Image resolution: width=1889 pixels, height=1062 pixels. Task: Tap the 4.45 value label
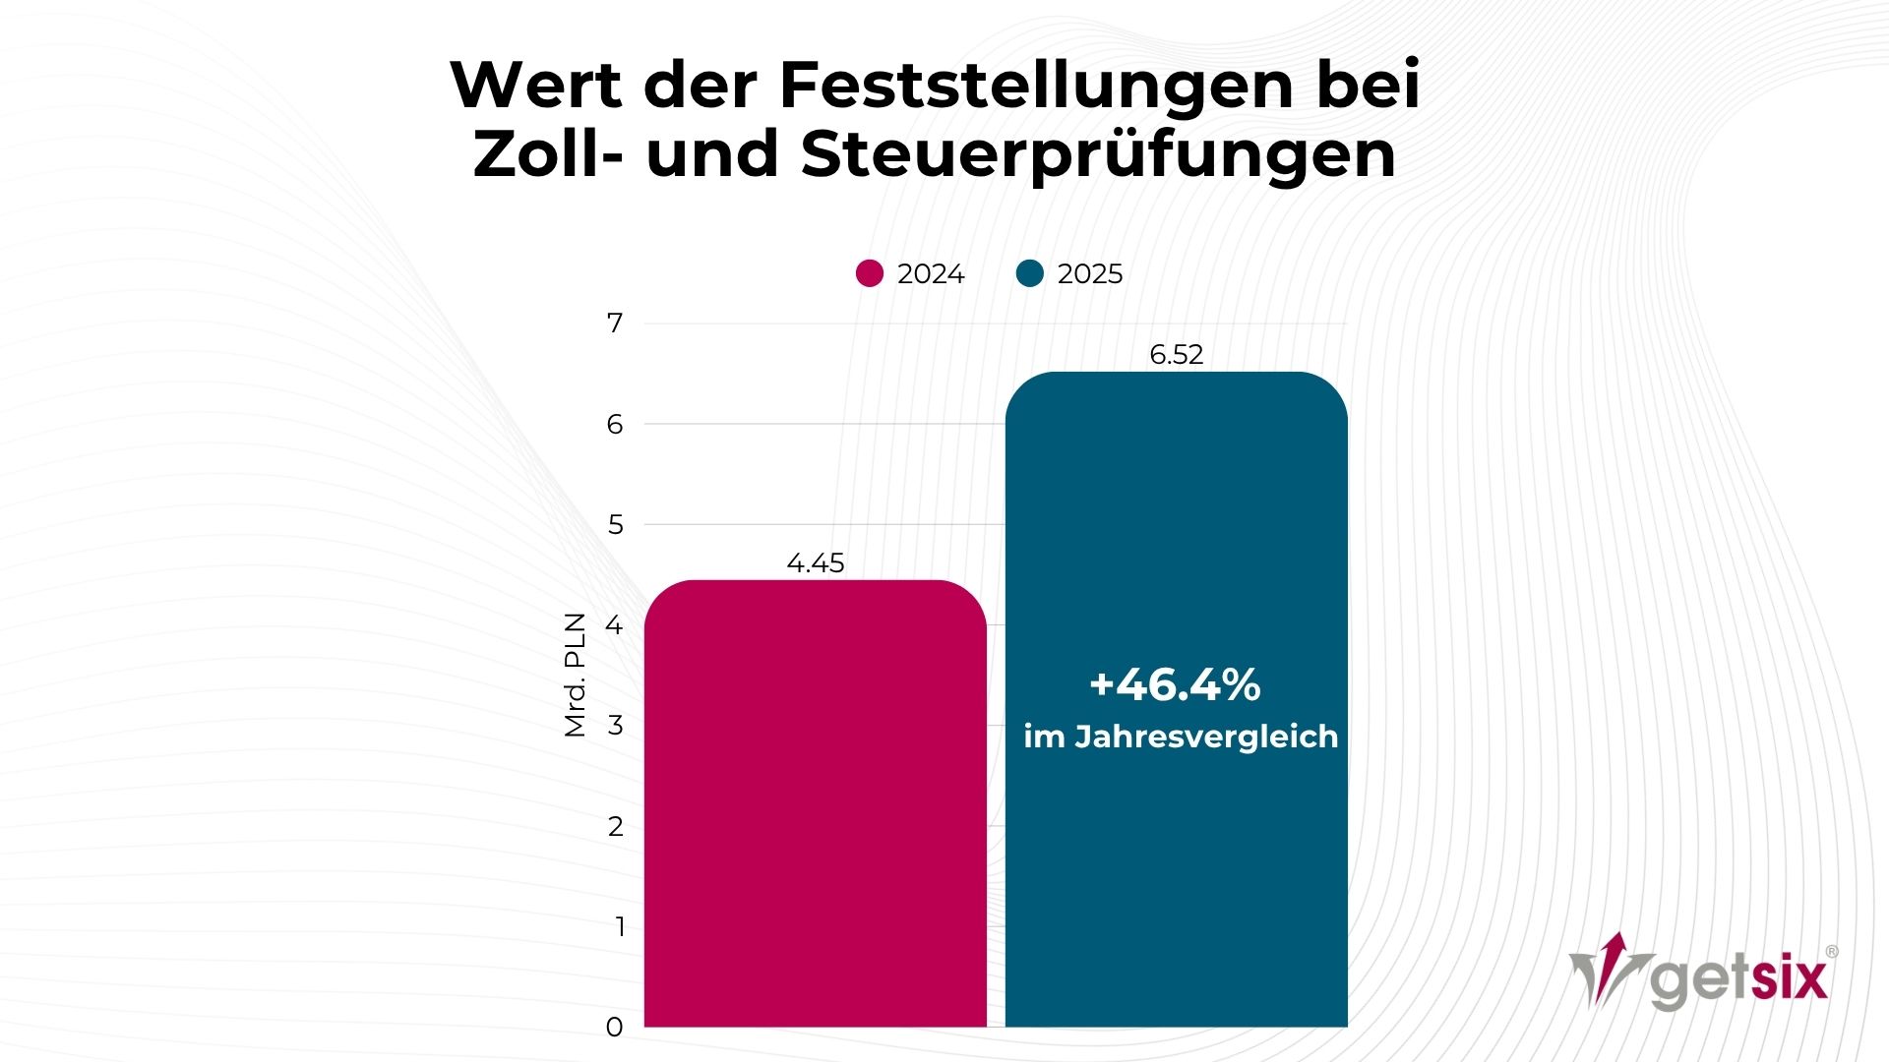pos(816,563)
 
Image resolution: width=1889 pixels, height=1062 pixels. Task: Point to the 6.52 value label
pos(1176,355)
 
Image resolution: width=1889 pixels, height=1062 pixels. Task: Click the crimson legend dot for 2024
pos(870,273)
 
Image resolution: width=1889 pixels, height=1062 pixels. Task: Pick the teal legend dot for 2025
pos(1030,273)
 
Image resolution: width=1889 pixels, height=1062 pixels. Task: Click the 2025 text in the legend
pos(1089,274)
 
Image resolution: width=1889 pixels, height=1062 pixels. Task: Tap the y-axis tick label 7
pos(615,324)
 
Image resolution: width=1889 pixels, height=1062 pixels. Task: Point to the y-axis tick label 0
pos(615,1028)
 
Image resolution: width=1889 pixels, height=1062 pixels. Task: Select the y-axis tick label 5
pos(615,525)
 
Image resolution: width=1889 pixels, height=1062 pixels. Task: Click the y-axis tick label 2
pos(615,827)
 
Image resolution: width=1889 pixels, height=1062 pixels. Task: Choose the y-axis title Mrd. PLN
pos(575,675)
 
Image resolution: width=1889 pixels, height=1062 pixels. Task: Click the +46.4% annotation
pos(1175,684)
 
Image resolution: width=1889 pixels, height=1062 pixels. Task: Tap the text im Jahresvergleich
pos(1181,737)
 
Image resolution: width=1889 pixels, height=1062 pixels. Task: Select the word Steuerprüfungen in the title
pos(1098,154)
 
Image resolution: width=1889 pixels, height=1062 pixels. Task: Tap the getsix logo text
pos(1739,979)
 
